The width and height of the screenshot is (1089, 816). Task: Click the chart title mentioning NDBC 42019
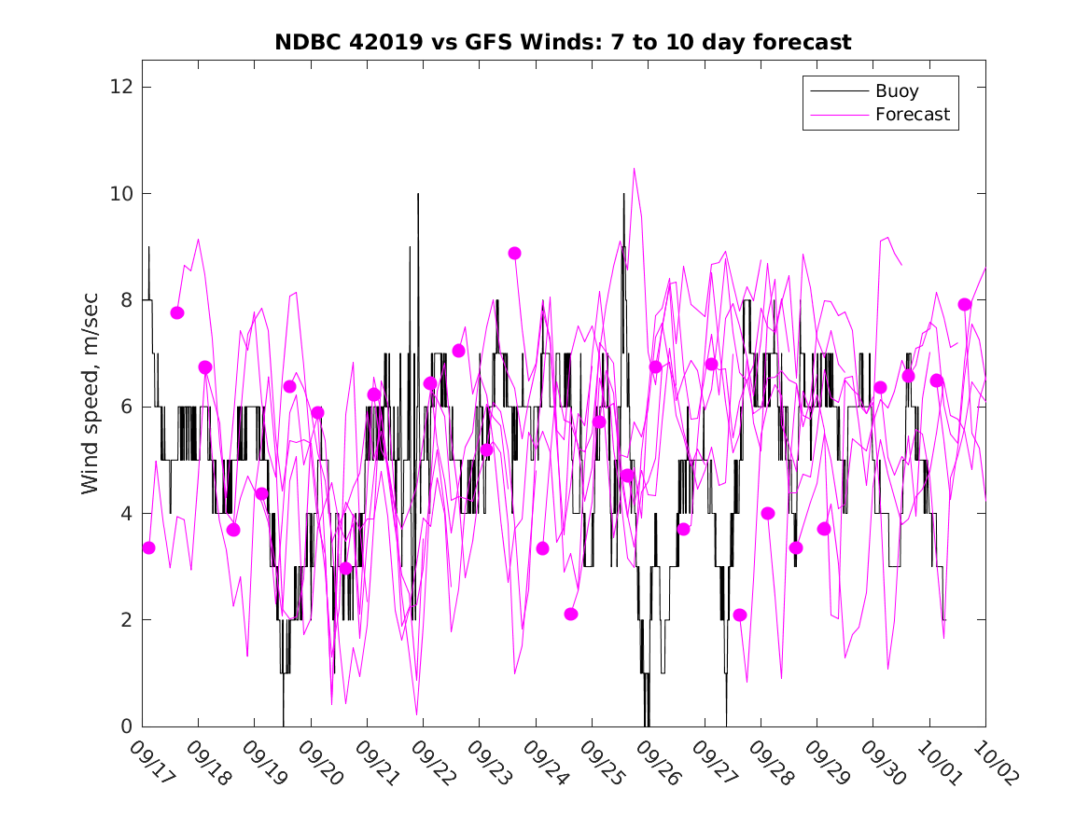(563, 43)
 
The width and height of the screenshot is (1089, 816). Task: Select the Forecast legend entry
(912, 115)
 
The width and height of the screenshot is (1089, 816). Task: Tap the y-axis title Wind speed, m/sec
(90, 407)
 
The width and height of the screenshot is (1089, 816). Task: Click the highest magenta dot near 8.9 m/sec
(514, 253)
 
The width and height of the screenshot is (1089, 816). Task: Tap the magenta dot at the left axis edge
(148, 547)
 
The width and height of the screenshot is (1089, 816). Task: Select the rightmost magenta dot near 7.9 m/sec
(965, 305)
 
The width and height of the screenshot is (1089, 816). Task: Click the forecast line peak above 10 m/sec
(634, 170)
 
